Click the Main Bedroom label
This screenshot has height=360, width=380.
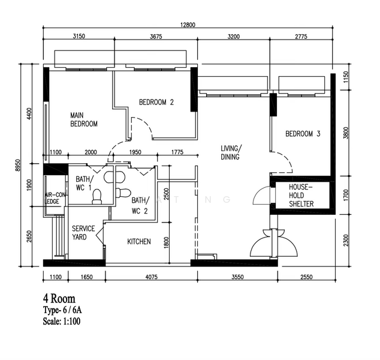84,119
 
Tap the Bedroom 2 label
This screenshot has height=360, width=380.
156,102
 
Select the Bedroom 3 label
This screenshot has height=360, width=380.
303,134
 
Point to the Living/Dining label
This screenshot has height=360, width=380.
231,152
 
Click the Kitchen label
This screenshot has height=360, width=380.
139,241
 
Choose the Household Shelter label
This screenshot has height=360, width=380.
301,196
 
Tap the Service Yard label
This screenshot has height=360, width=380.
83,233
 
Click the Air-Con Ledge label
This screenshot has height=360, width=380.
55,198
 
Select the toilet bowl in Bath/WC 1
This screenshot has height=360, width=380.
97,197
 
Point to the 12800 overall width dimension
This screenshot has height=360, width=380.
188,25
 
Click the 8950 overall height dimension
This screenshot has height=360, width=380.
17,166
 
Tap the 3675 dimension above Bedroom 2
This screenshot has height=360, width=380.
156,37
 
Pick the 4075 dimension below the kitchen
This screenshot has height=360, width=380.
152,277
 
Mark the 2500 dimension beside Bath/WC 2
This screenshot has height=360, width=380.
166,194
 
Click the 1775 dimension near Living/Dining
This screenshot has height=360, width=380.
177,152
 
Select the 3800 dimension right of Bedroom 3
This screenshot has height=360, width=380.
346,133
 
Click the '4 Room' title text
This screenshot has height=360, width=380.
59,299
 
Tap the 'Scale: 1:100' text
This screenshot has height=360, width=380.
62,321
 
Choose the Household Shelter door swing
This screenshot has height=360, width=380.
261,196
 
